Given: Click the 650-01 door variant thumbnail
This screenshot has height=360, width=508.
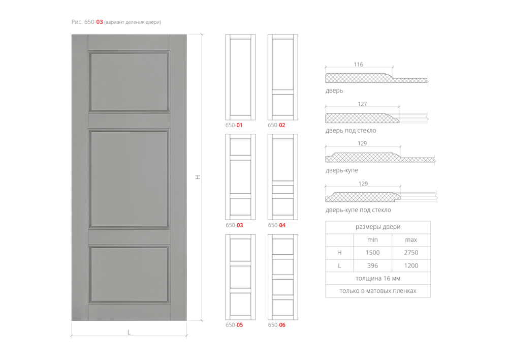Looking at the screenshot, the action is pyautogui.click(x=240, y=77).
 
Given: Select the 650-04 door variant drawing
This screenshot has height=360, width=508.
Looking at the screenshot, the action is pyautogui.click(x=283, y=177).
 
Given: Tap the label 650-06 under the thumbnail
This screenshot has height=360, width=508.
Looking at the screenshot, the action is pyautogui.click(x=277, y=325).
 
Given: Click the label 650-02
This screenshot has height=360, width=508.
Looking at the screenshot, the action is pyautogui.click(x=276, y=125).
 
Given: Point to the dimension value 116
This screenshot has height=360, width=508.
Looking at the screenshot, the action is pyautogui.click(x=358, y=65).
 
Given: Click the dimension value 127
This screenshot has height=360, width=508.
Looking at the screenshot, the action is pyautogui.click(x=362, y=104).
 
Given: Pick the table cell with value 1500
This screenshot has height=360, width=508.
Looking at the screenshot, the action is pyautogui.click(x=372, y=253).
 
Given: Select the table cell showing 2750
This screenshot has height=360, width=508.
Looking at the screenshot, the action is pyautogui.click(x=411, y=253).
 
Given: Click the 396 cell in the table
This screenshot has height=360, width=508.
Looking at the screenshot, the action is pyautogui.click(x=372, y=265).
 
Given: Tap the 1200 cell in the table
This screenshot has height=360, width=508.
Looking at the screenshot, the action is pyautogui.click(x=411, y=265).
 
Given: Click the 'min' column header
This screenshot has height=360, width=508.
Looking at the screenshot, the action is pyautogui.click(x=372, y=240).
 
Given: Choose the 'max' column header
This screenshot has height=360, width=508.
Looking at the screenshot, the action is pyautogui.click(x=411, y=240).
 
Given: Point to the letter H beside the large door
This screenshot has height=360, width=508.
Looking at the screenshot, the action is pyautogui.click(x=198, y=177).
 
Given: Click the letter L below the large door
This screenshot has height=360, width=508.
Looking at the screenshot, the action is pyautogui.click(x=129, y=332).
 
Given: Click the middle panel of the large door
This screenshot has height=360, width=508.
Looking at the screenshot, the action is pyautogui.click(x=129, y=179).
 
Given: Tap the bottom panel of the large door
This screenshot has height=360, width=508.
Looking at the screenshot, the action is pyautogui.click(x=129, y=275).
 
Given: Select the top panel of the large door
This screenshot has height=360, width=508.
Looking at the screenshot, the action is pyautogui.click(x=129, y=82).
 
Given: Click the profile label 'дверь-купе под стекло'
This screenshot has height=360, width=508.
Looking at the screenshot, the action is pyautogui.click(x=358, y=210).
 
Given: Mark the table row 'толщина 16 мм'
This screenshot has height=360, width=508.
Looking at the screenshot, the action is pyautogui.click(x=378, y=278).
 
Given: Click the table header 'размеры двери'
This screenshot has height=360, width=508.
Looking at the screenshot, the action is pyautogui.click(x=378, y=227).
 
